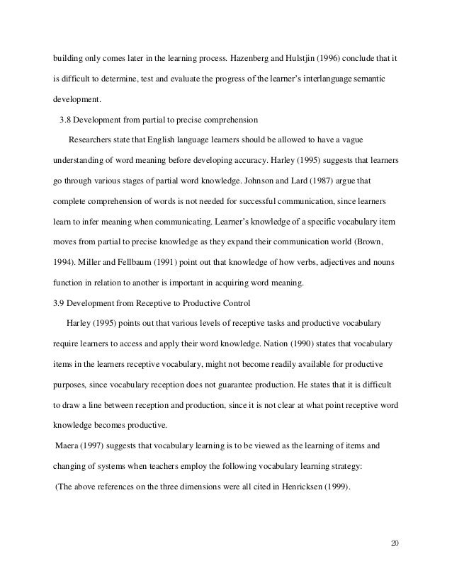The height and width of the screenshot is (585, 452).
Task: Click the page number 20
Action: [x=395, y=543]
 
